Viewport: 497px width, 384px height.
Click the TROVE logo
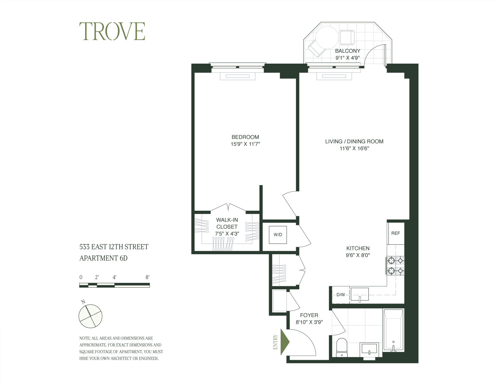(x=112, y=31)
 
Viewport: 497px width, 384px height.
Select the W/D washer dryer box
(x=278, y=235)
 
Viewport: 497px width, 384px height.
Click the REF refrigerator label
(x=396, y=233)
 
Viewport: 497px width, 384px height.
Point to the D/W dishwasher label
(x=341, y=295)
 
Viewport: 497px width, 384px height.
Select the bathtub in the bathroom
(x=393, y=330)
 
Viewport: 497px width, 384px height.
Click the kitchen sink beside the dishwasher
(x=360, y=294)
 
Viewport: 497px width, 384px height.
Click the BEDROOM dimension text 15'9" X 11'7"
(x=245, y=144)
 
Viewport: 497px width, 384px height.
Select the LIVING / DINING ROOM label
(x=354, y=141)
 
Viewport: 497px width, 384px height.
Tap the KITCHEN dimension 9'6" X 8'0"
(x=358, y=255)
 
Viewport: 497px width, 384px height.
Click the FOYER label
(x=309, y=315)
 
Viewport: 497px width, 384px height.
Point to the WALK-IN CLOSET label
(x=227, y=223)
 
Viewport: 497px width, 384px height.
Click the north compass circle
(x=90, y=316)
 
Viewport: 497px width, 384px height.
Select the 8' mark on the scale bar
(x=147, y=277)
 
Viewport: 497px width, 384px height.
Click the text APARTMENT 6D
(x=103, y=258)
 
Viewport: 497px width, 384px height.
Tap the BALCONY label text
(x=348, y=51)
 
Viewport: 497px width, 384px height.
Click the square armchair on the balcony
(x=347, y=37)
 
